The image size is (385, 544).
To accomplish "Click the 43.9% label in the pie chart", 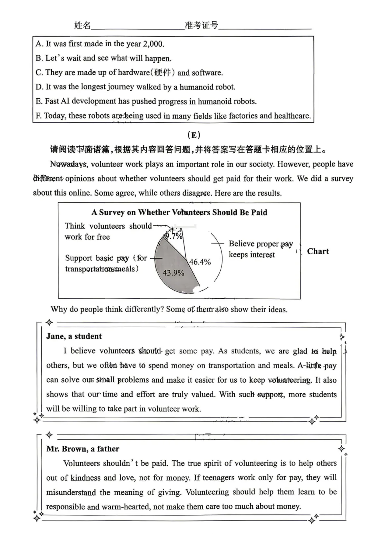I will point(173,273).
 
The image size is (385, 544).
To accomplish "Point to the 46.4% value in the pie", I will point(200,262).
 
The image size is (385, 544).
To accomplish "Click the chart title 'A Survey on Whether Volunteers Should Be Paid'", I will point(179,212).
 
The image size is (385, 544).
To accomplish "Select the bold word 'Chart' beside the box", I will point(318,251).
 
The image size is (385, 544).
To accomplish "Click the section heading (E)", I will point(194,135).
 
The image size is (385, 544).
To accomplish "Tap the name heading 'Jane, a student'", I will point(74,336).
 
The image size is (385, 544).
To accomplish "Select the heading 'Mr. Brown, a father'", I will point(83,449).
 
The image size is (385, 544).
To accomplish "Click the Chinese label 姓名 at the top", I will point(82,25).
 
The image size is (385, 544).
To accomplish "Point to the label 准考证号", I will point(201,25).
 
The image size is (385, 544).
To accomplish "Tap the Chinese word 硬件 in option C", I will point(163,73).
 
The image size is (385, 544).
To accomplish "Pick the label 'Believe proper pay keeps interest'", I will point(260,249).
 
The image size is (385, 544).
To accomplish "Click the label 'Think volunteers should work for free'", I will point(108,231).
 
